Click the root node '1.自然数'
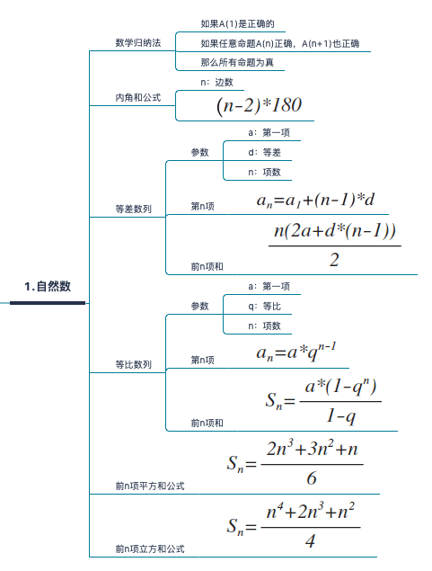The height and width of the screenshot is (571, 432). (48, 286)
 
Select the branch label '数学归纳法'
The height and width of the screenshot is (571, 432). (138, 42)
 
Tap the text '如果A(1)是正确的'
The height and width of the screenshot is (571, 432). (237, 24)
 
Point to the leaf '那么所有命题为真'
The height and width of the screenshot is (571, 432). (237, 62)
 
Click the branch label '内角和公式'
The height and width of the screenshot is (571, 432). (138, 98)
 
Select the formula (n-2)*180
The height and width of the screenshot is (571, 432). (259, 105)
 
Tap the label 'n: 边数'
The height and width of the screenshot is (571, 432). (216, 83)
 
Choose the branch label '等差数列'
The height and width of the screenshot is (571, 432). (134, 209)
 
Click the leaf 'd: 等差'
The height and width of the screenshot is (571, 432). (265, 152)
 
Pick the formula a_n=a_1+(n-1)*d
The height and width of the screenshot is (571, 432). (315, 200)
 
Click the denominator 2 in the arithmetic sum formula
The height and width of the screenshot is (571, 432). (334, 260)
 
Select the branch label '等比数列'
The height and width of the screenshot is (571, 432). (134, 364)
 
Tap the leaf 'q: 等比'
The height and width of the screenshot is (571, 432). (265, 306)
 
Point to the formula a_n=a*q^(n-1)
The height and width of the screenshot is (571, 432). (296, 352)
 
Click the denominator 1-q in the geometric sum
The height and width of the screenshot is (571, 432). (340, 415)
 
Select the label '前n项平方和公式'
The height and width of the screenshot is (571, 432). (150, 486)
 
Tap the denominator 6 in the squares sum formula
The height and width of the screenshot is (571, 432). (312, 477)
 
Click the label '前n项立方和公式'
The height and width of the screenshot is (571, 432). (150, 549)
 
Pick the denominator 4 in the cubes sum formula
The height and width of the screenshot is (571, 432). (310, 540)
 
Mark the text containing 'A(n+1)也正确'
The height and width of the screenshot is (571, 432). (280, 44)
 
